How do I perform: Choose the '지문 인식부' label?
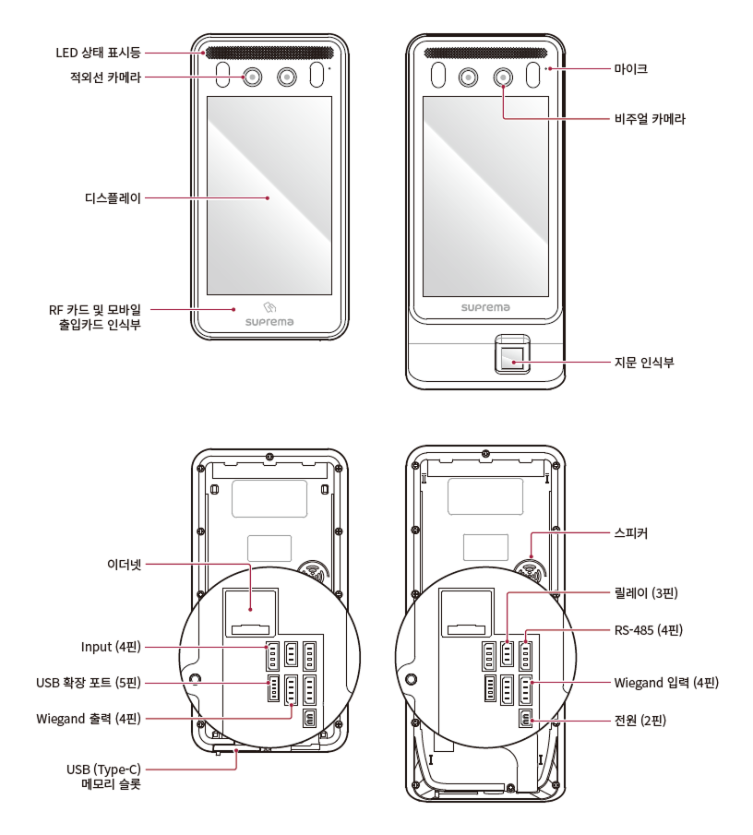(644, 363)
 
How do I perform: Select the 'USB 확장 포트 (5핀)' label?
(89, 684)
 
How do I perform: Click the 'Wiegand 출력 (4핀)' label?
(89, 718)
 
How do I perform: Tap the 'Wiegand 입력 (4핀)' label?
(666, 684)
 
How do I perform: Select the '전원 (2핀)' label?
(639, 721)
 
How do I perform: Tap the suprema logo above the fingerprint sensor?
(485, 308)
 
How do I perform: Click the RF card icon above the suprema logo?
(269, 306)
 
